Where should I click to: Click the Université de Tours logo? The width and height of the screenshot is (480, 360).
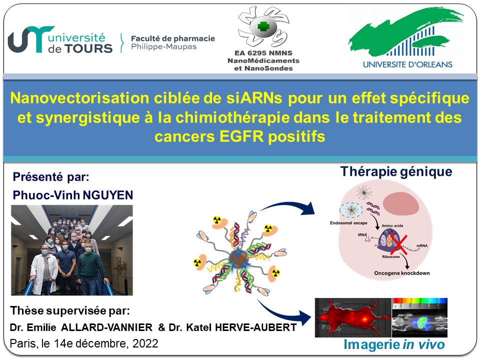[60, 40]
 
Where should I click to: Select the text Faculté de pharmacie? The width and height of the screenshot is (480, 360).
[173, 38]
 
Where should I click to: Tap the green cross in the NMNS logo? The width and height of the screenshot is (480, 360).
[263, 26]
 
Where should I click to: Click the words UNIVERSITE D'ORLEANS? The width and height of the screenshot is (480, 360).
[407, 64]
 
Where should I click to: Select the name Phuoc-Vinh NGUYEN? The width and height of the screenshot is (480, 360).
[73, 195]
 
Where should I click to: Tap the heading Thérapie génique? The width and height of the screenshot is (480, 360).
[396, 171]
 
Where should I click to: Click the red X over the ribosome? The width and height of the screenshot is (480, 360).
[399, 245]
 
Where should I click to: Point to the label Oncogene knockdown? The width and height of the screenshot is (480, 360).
[401, 273]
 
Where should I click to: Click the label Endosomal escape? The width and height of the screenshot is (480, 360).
[348, 223]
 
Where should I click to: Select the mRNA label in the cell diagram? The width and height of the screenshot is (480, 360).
[422, 245]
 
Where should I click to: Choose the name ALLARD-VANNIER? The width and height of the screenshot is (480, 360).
[107, 327]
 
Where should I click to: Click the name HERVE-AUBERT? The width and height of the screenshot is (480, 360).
[256, 327]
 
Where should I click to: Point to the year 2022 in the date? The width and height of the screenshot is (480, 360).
[145, 343]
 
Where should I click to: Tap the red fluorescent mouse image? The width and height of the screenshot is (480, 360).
[353, 318]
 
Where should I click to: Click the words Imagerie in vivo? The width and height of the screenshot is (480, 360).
[394, 344]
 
